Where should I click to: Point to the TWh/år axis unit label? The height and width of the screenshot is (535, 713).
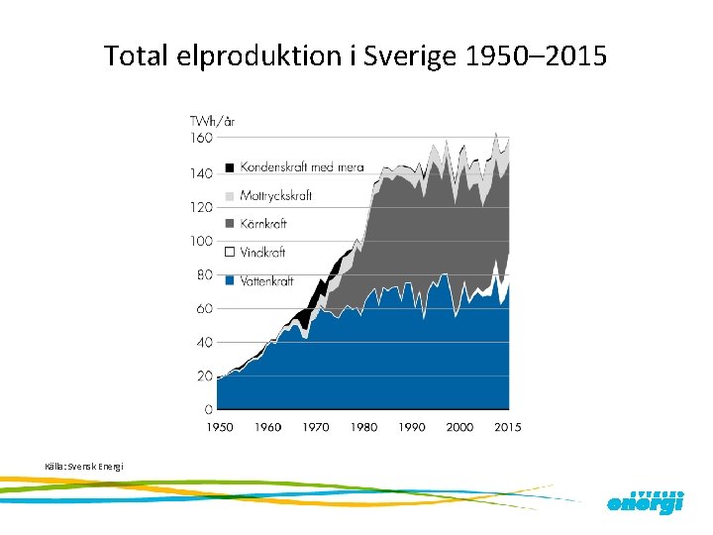(x=212, y=122)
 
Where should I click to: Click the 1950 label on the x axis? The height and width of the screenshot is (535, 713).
(x=220, y=427)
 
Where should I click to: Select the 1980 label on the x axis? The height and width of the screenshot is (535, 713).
(x=363, y=427)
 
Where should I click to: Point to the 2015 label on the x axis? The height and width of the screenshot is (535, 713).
(x=507, y=427)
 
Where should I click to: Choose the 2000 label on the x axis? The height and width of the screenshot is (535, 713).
(x=459, y=427)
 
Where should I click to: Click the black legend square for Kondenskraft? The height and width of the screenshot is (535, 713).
(x=230, y=167)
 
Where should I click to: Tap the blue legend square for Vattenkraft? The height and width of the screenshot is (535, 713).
(x=230, y=281)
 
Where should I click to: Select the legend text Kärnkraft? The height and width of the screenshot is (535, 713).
(x=264, y=225)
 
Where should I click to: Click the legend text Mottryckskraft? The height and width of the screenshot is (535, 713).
(x=276, y=196)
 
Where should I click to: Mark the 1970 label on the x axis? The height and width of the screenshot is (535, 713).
(x=316, y=427)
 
